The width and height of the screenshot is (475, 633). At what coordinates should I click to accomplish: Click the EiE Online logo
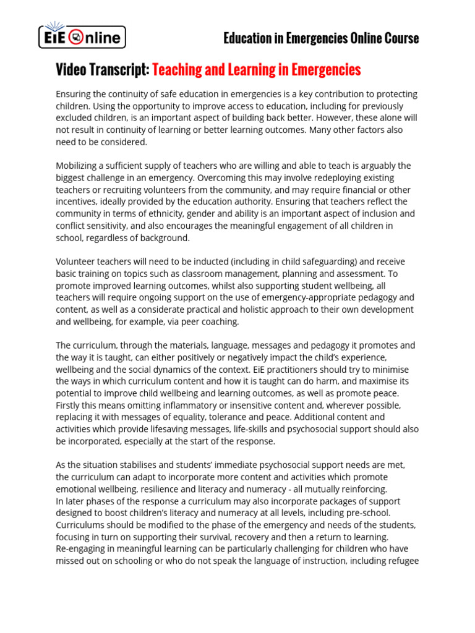pyautogui.click(x=82, y=37)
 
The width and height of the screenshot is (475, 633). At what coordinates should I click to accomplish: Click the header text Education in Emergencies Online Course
pyautogui.click(x=321, y=38)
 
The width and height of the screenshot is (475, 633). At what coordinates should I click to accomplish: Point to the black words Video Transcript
pyautogui.click(x=102, y=70)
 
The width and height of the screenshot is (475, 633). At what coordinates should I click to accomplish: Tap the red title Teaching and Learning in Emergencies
pyautogui.click(x=256, y=70)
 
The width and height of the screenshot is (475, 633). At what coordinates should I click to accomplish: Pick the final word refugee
pyautogui.click(x=402, y=561)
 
